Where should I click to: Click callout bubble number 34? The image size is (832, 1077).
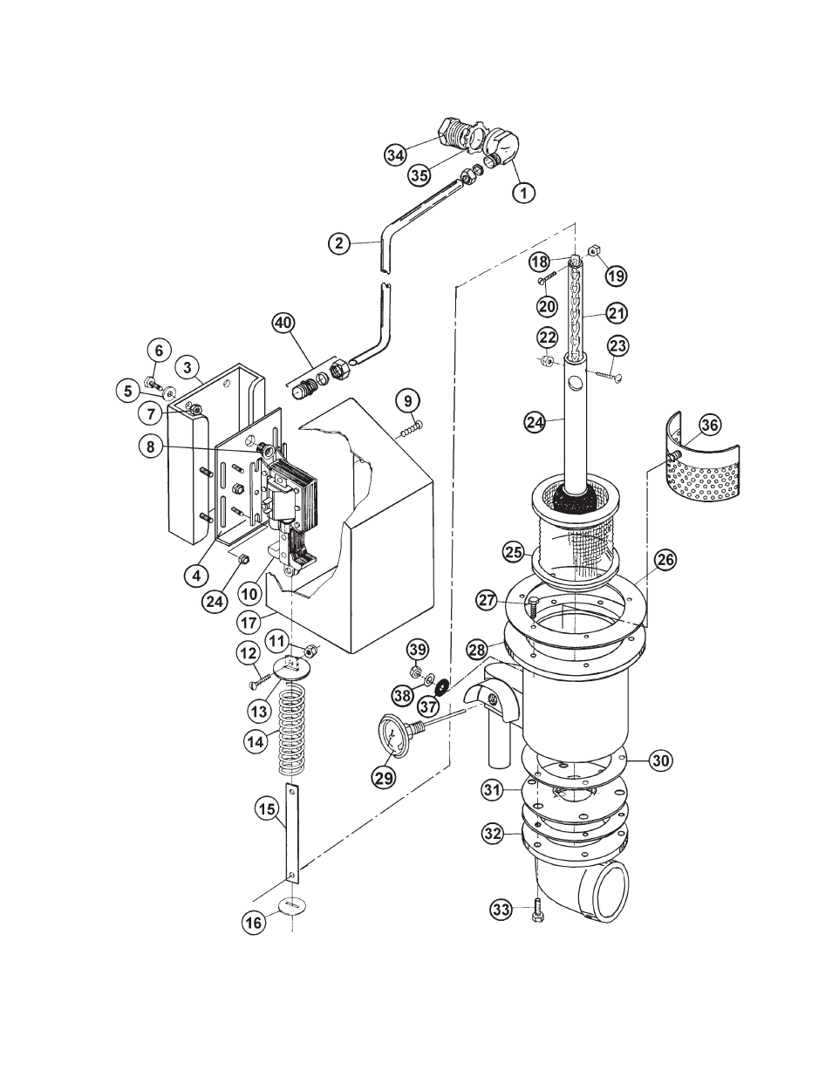point(395,155)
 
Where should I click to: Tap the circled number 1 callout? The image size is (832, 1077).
point(524,191)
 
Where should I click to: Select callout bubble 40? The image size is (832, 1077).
point(283,324)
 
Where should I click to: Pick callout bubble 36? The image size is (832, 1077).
point(710,425)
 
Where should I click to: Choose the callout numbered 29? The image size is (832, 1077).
point(384,778)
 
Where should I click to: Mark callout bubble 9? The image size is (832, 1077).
point(408,401)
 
